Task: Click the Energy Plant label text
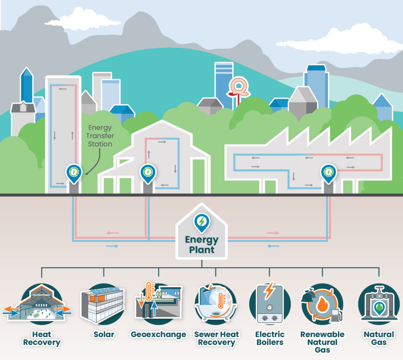click(x=201, y=244)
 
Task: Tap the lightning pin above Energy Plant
click(x=201, y=222)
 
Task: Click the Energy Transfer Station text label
click(x=100, y=136)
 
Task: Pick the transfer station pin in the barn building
click(x=148, y=173)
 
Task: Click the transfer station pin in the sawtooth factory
click(x=328, y=173)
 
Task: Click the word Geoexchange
click(x=158, y=335)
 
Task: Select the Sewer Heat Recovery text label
click(x=216, y=338)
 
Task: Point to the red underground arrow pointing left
click(x=113, y=233)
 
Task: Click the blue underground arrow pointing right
click(x=112, y=246)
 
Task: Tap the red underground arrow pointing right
click(x=273, y=233)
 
